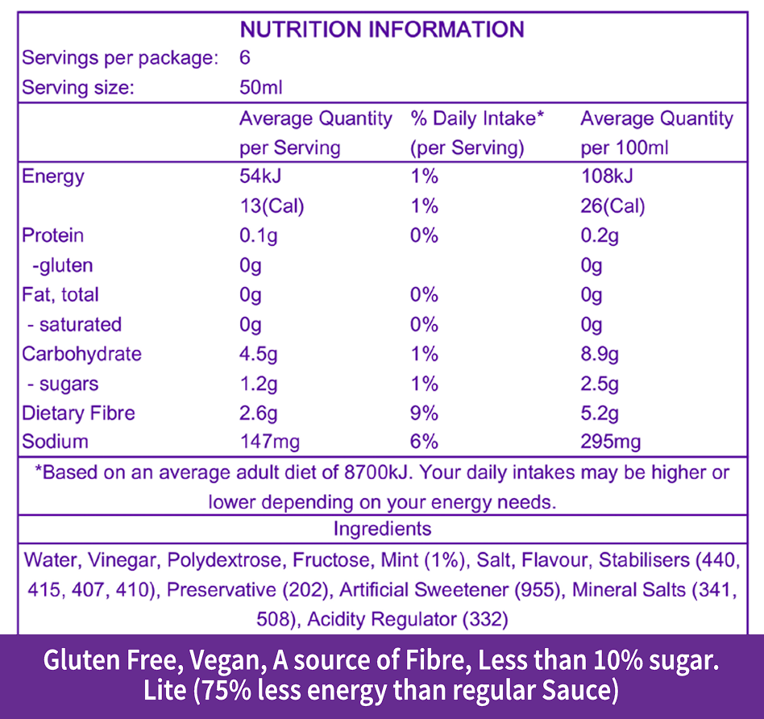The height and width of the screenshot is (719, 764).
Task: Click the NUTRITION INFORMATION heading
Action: pyautogui.click(x=382, y=30)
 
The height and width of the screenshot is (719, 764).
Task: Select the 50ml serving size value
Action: pyautogui.click(x=260, y=88)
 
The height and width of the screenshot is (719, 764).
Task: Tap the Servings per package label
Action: pyautogui.click(x=120, y=59)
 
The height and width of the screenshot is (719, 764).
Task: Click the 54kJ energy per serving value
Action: pyautogui.click(x=260, y=177)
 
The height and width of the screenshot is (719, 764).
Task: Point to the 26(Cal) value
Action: pyautogui.click(x=612, y=206)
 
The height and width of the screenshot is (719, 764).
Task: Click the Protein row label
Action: pyautogui.click(x=53, y=235)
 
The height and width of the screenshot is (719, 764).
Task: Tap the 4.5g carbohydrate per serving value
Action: pyautogui.click(x=259, y=354)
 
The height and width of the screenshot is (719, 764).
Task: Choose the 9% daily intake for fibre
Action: pyautogui.click(x=425, y=414)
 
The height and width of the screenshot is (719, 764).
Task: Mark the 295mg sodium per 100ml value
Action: pyautogui.click(x=610, y=442)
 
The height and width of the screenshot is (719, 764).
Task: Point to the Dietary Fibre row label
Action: pyautogui.click(x=78, y=414)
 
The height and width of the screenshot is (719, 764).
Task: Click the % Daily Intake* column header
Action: pyautogui.click(x=478, y=119)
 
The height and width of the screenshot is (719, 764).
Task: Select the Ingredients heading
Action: pyautogui.click(x=382, y=530)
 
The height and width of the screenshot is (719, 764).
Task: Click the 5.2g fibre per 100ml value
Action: pyautogui.click(x=600, y=414)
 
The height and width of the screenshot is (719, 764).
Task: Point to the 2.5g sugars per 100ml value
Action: pyautogui.click(x=600, y=384)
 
